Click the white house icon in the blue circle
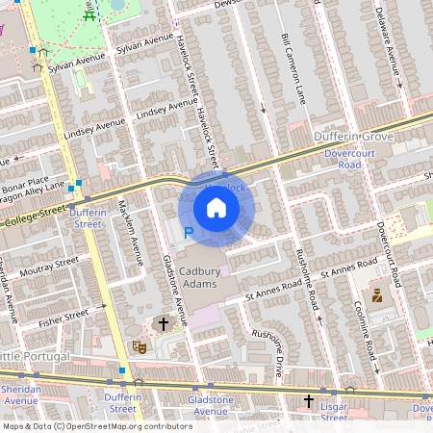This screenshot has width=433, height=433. point(216,208)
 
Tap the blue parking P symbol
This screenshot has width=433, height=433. point(189,232)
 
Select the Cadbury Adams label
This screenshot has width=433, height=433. point(200,279)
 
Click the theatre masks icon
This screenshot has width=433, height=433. point(139,344)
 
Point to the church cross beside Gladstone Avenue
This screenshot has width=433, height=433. point(163,325)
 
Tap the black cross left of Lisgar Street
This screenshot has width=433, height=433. point(309,400)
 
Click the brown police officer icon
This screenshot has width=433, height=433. point(377,296)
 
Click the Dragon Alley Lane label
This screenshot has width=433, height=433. point(34,190)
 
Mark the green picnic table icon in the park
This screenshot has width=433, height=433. point(89,13)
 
